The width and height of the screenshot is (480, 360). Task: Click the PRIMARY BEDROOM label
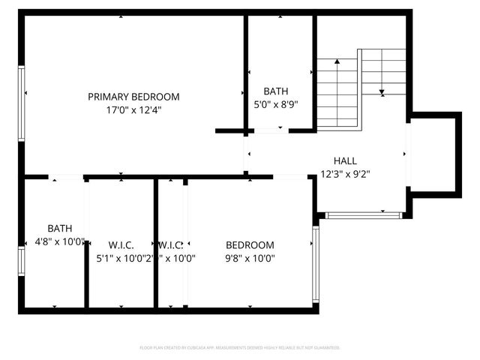[x=133, y=97]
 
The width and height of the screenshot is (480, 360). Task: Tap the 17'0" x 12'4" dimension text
[x=133, y=109]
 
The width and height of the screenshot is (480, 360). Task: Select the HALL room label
[x=345, y=160]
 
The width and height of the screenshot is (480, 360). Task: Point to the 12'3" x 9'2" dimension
[x=345, y=173]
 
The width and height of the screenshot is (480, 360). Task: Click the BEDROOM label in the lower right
[x=250, y=245]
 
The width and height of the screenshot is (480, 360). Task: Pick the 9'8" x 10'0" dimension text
[x=250, y=258]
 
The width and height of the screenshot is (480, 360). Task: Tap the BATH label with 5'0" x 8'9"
[x=275, y=91]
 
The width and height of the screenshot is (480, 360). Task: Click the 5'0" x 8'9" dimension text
[x=275, y=105]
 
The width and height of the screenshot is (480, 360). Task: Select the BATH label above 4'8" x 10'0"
[x=60, y=229]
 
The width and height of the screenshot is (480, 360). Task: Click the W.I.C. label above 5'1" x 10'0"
[x=121, y=245]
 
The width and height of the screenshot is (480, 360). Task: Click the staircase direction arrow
[x=382, y=92]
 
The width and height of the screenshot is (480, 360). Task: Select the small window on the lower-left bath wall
[x=22, y=261]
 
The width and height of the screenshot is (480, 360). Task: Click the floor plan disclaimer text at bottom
[x=240, y=348]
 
